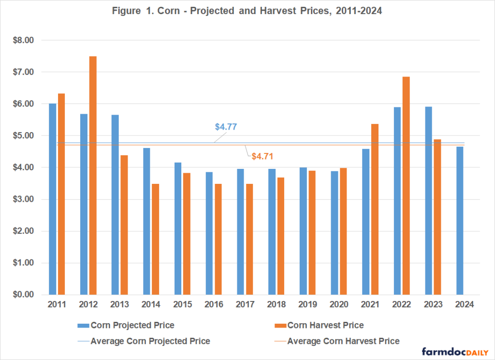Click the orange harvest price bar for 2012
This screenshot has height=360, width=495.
coord(92,175)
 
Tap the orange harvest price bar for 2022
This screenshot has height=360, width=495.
coord(406,185)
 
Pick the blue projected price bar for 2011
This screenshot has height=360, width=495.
coord(53,199)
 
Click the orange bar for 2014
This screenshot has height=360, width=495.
coord(155,239)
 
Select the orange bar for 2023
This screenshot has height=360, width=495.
coord(437,217)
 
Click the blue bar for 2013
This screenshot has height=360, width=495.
coord(116,205)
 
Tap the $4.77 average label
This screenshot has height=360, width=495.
coord(226,127)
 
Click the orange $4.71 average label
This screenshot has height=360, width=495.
coord(262,156)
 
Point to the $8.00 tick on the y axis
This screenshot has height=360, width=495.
coord(23,40)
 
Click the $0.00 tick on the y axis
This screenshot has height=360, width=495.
coord(23,295)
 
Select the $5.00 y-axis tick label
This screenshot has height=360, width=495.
coord(23,135)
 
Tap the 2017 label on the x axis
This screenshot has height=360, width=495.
coord(245,304)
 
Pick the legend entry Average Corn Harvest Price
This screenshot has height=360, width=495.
coord(343,341)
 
